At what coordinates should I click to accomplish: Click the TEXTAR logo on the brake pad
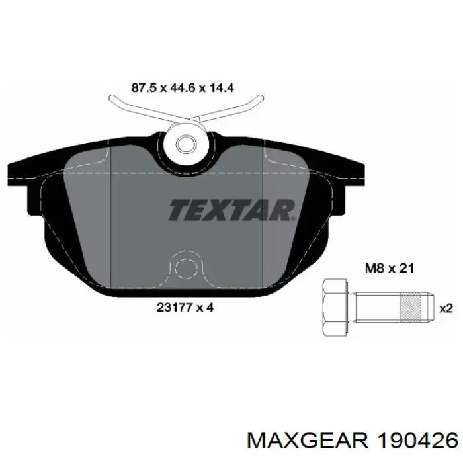tap(232, 210)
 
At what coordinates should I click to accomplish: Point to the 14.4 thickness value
tap(221, 88)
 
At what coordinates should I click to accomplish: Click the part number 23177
tap(173, 308)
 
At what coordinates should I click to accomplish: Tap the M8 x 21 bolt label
tap(390, 268)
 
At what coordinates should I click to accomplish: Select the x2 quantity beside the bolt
tap(446, 309)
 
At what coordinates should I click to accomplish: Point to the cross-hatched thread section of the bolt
tap(410, 307)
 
